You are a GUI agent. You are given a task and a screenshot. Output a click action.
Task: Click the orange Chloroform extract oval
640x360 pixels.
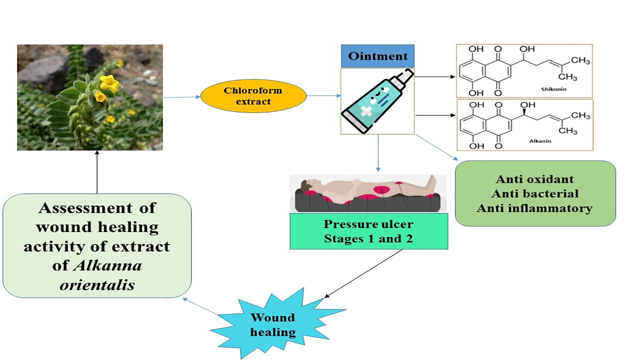[x=253, y=96]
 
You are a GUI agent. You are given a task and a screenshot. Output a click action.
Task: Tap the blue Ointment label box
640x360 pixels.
[x=378, y=56]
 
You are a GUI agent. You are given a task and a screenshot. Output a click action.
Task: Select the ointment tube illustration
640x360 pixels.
[x=377, y=101]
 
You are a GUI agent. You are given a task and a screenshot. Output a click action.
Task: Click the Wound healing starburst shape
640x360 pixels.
[x=272, y=324]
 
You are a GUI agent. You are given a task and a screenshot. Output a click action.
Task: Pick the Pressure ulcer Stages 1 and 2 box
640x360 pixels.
[x=368, y=230]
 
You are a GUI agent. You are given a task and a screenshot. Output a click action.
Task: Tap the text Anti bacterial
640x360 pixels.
[x=535, y=193]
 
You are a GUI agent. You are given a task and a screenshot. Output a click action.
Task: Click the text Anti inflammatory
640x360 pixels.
[x=535, y=208]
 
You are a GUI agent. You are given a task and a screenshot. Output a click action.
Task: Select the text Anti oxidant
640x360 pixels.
[x=535, y=179]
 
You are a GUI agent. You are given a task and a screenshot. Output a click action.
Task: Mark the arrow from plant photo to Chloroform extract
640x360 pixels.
[x=181, y=97]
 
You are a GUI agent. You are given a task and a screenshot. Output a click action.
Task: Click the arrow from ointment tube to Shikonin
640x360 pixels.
[x=435, y=77]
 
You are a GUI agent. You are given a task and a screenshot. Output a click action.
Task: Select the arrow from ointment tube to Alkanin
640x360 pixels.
[x=435, y=115]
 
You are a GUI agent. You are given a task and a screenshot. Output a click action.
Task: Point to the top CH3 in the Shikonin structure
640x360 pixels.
[x=580, y=61]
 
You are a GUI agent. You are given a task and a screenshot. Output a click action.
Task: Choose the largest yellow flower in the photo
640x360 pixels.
[x=108, y=82]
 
